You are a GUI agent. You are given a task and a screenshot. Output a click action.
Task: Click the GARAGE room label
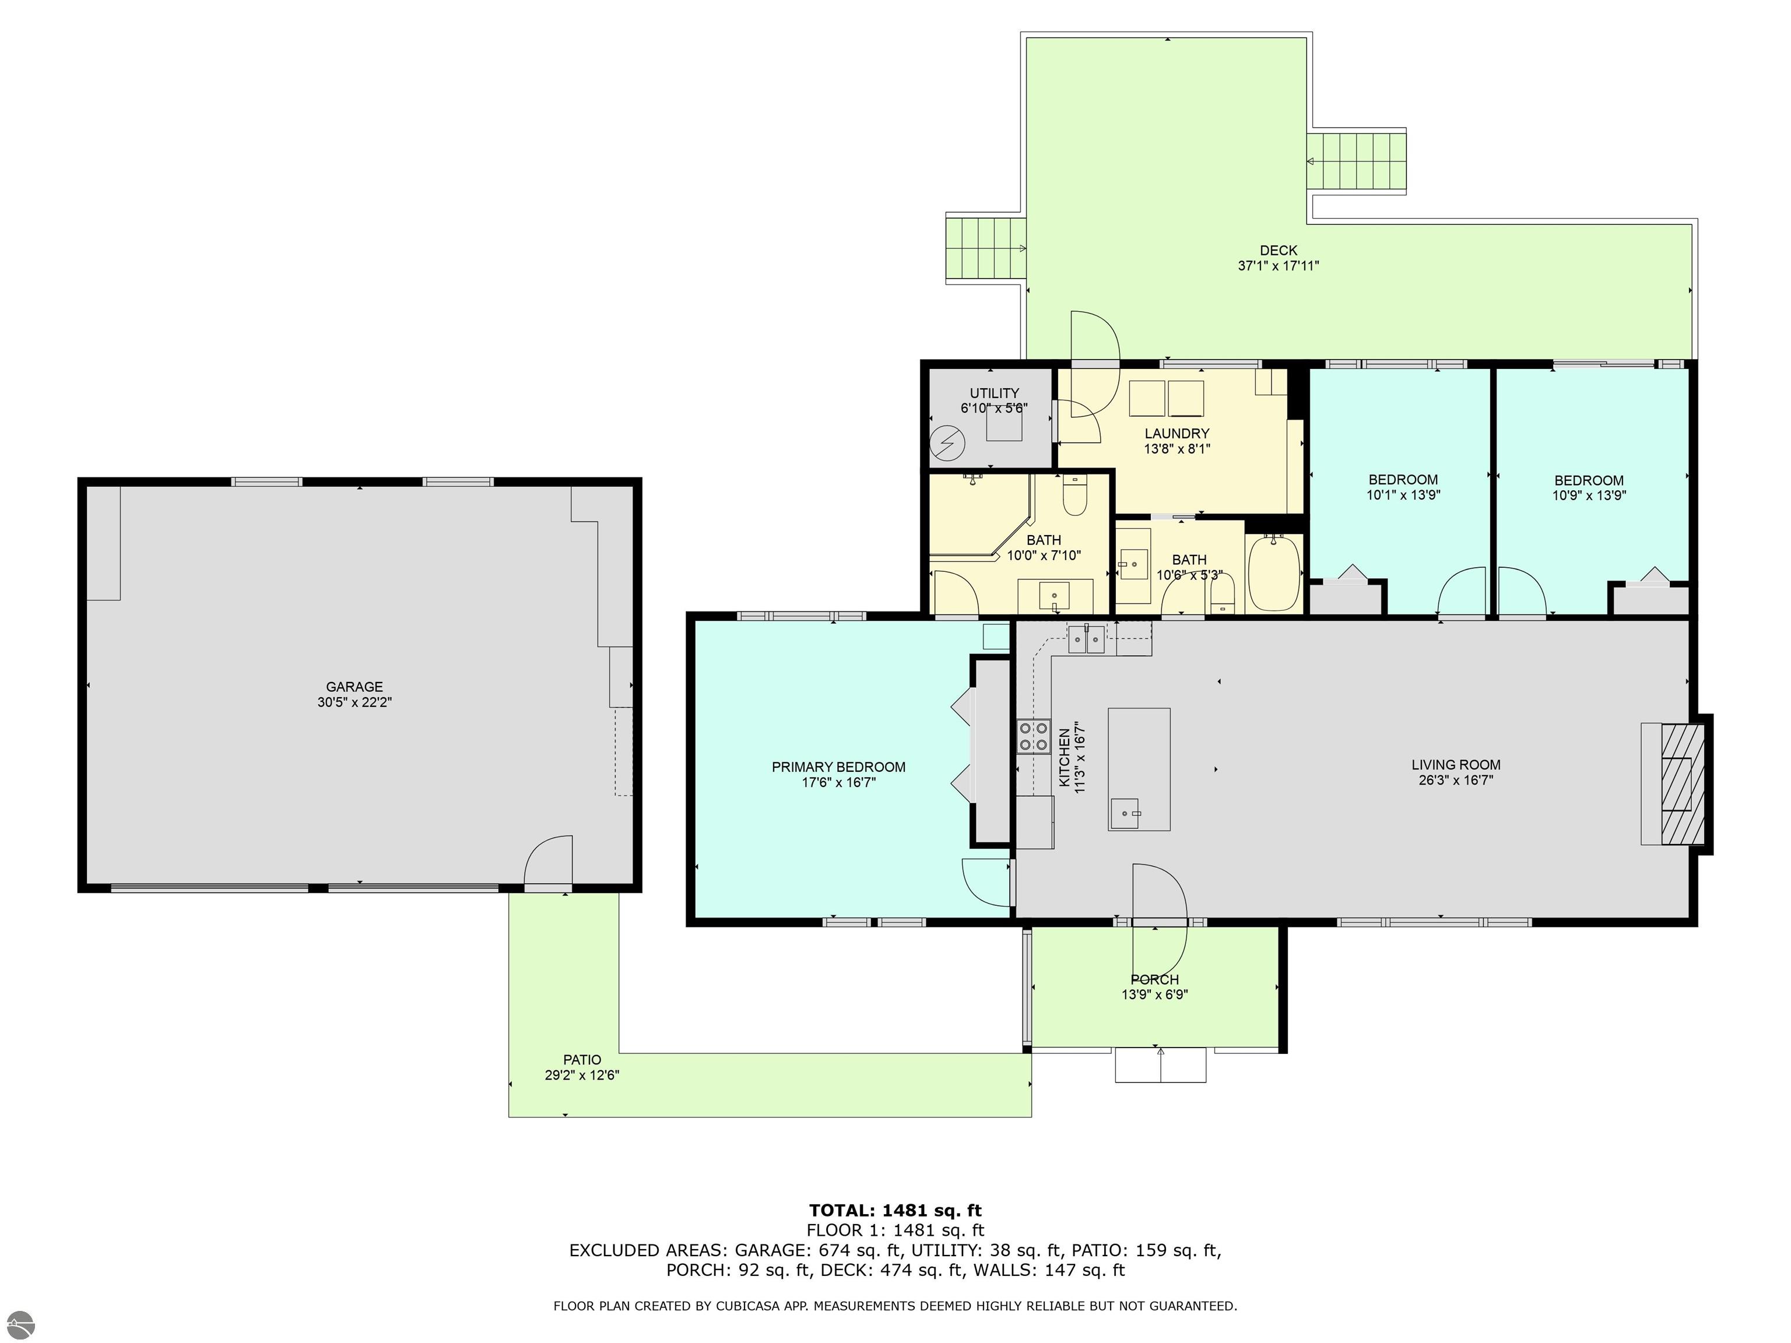click(354, 687)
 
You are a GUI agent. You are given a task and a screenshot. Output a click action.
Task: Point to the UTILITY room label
click(994, 393)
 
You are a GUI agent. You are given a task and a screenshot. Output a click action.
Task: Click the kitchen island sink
click(1125, 812)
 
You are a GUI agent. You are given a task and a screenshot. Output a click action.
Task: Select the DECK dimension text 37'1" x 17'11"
click(1278, 266)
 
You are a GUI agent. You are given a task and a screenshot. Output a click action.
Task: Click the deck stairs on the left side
click(985, 248)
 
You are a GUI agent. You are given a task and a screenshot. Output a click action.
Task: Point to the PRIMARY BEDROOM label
click(838, 767)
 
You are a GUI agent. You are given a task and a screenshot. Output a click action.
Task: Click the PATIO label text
click(582, 1060)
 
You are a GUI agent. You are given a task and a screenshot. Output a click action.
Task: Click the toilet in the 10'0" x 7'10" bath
click(1074, 496)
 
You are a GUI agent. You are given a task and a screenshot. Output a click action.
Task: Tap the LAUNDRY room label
click(1177, 433)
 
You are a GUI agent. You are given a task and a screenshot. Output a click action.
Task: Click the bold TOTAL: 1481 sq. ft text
click(895, 1210)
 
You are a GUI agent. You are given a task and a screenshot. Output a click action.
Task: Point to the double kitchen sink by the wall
click(1085, 639)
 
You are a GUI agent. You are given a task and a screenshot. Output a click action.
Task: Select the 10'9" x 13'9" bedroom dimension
click(1589, 495)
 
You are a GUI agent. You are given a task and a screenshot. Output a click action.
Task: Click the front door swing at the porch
click(1160, 895)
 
